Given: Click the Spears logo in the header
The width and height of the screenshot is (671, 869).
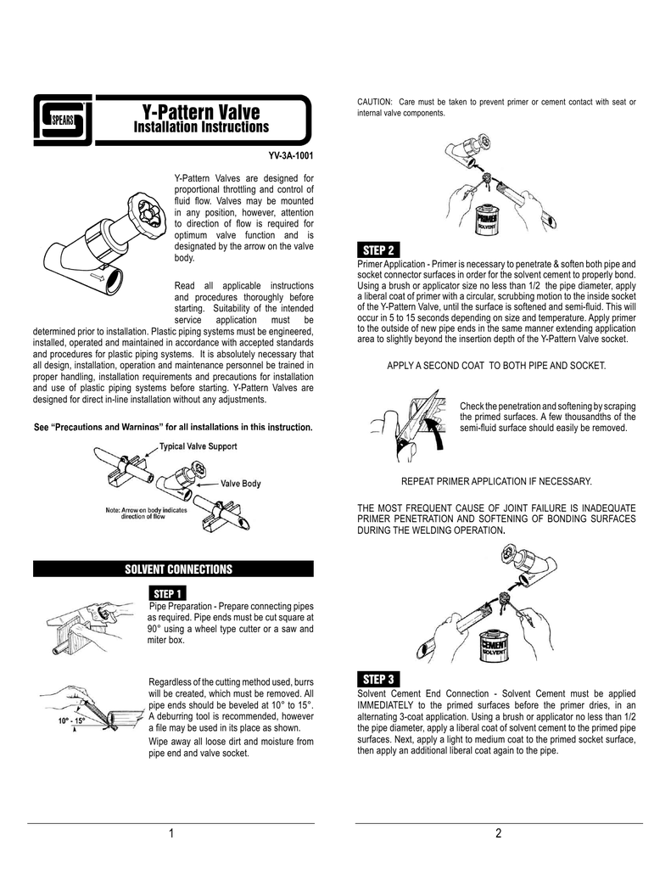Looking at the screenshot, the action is (63, 120).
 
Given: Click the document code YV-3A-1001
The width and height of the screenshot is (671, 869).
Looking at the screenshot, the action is (291, 156).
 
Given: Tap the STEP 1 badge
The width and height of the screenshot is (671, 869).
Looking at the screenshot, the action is (167, 593).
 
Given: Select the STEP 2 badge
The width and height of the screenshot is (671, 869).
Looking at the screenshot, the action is (378, 250).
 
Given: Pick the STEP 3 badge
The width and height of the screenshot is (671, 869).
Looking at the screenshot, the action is (378, 680).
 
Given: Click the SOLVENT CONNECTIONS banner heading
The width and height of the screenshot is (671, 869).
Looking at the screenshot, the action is (178, 569).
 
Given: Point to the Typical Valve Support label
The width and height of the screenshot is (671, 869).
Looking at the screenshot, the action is (198, 446).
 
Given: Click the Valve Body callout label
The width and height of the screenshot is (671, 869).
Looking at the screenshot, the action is (240, 483).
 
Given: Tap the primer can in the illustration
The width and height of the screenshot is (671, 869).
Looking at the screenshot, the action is (488, 220).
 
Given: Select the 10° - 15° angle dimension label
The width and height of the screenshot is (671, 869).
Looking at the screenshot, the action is (71, 721).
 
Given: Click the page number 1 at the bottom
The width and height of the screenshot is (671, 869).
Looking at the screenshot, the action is (171, 833).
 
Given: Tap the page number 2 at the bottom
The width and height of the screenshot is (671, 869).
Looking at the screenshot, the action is (498, 833).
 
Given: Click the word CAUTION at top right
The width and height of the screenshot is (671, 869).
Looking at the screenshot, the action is (375, 102).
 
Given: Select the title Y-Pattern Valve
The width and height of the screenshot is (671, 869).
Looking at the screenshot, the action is (200, 111).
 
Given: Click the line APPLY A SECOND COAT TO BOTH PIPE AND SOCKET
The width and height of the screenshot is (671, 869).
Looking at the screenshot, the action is (496, 366).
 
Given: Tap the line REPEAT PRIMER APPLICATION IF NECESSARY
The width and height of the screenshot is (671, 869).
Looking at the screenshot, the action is (496, 481).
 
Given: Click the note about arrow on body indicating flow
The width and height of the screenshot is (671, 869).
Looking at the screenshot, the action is (146, 513).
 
